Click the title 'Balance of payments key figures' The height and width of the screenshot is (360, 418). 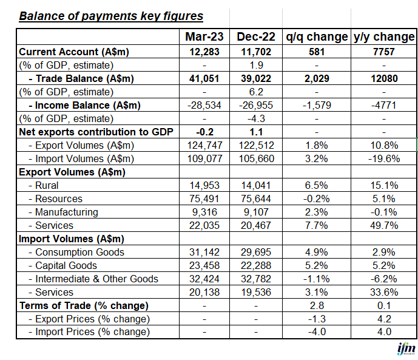111,16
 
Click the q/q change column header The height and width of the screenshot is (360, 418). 317,37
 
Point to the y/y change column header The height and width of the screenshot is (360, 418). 383,37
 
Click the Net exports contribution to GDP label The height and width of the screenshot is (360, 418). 96,132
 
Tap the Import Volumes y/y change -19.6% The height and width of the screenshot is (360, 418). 383,158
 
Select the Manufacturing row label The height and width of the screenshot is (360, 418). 67,212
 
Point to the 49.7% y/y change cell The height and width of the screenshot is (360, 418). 383,225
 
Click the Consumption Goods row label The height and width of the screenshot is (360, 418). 79,252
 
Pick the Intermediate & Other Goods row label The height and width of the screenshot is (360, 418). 97,279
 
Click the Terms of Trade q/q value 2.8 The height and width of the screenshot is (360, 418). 317,305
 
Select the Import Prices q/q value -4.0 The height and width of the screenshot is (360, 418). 317,332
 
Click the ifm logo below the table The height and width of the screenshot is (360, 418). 405,350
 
